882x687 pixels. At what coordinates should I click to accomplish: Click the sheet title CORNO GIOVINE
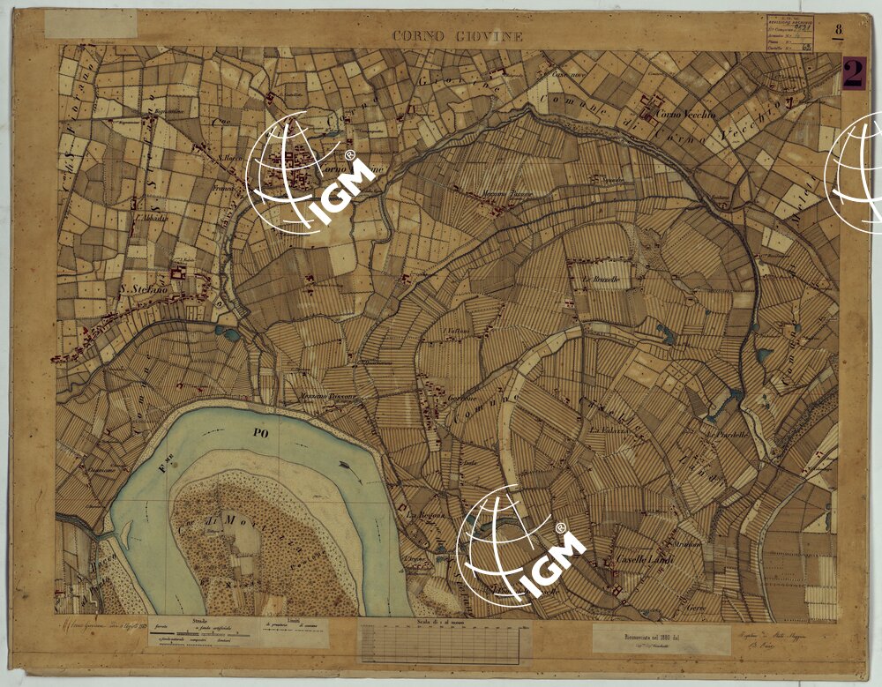coord(458,36)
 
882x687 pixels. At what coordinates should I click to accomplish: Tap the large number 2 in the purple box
coord(853,73)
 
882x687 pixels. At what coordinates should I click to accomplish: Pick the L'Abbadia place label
coord(150,217)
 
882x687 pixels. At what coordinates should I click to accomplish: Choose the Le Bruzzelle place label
coord(601,279)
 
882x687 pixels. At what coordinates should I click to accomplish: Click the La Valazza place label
coord(609,429)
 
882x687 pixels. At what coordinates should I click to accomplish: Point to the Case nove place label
coord(562,74)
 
